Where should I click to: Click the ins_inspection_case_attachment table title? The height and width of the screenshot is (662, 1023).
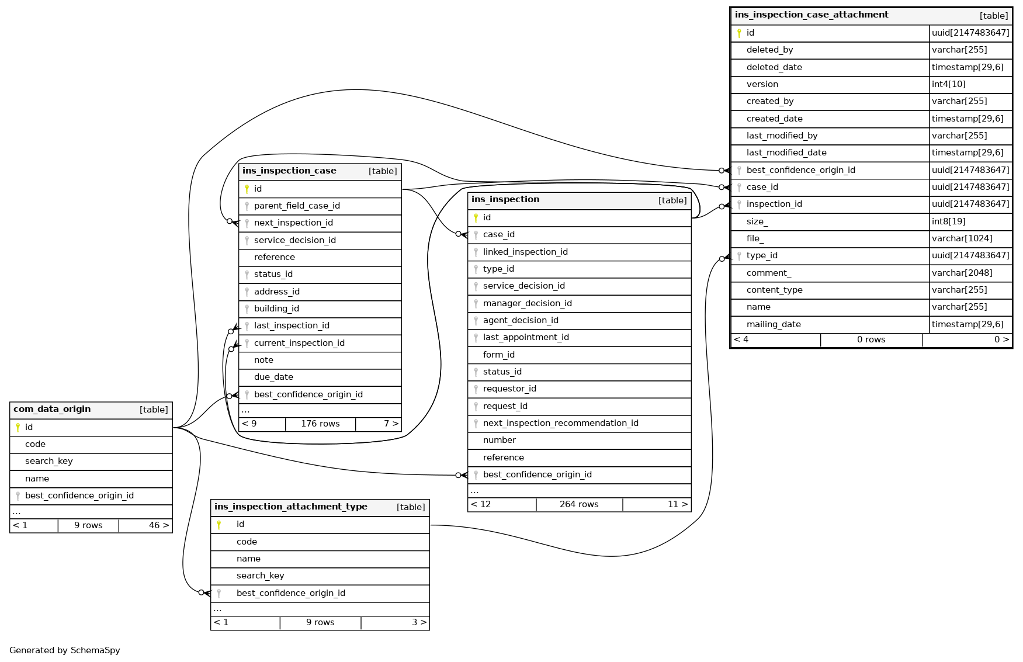click(x=812, y=15)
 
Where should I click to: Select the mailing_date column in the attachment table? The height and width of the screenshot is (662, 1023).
click(x=774, y=324)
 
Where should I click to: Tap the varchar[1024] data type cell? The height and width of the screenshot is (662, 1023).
click(x=962, y=238)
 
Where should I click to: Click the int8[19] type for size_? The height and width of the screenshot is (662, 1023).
click(x=949, y=221)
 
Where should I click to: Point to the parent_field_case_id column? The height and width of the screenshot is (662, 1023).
click(x=297, y=206)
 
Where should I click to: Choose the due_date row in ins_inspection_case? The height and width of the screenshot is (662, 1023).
click(x=273, y=377)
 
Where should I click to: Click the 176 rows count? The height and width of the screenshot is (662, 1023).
click(x=320, y=424)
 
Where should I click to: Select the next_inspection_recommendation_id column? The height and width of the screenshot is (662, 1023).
click(x=560, y=423)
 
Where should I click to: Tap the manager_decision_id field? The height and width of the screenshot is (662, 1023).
click(x=527, y=303)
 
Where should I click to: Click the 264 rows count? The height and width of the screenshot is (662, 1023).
click(x=579, y=504)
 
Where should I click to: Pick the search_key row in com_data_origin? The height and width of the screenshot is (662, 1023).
click(x=49, y=461)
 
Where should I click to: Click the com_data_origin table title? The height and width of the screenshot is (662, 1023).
click(x=52, y=409)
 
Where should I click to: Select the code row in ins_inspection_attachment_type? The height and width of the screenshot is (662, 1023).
click(x=247, y=542)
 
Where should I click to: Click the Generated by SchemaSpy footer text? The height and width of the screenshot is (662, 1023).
click(x=65, y=650)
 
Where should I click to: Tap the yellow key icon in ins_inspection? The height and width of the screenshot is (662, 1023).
click(x=476, y=217)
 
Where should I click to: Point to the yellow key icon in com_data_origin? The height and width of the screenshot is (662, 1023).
click(x=18, y=427)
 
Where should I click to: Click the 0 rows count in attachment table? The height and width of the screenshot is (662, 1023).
click(x=871, y=339)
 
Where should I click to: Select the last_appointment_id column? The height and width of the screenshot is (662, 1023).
click(x=526, y=337)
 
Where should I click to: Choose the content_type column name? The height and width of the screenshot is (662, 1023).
click(x=774, y=290)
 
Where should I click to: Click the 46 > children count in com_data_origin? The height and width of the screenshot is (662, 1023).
click(x=158, y=525)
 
